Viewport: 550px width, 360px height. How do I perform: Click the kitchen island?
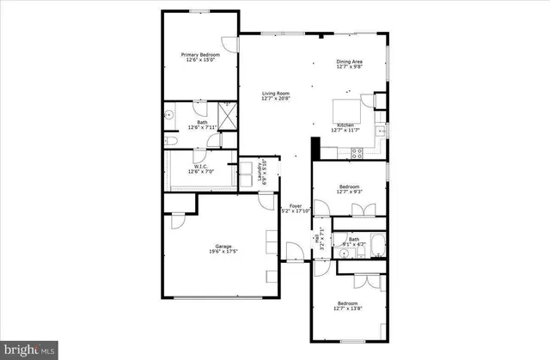tap(348, 111)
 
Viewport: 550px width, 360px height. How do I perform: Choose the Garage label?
tap(223, 246)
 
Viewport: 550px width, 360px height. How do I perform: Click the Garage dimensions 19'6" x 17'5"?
tap(223, 252)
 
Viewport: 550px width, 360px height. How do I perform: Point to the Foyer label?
tap(295, 205)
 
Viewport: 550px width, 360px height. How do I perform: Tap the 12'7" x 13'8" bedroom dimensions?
tap(348, 308)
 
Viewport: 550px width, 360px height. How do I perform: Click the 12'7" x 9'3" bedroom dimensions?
tap(349, 192)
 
